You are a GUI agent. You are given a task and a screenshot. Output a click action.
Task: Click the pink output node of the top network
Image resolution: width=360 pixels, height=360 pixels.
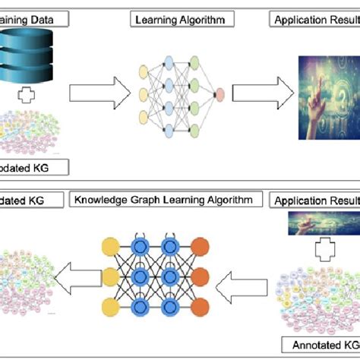[219, 95]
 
